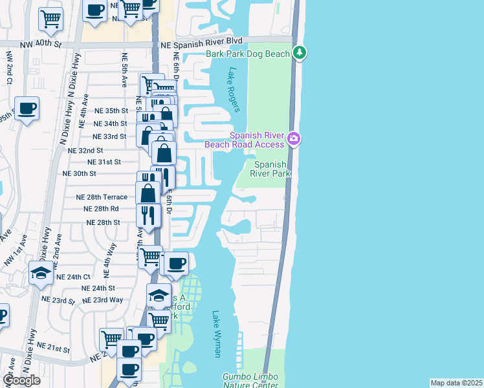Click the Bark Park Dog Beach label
click(x=248, y=54)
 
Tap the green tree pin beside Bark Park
click(x=300, y=52)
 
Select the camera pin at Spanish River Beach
click(x=294, y=138)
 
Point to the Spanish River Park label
click(x=270, y=169)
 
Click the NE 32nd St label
click(x=85, y=149)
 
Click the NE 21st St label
click(x=53, y=349)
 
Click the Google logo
click(x=21, y=380)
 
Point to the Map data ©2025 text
click(x=456, y=383)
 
